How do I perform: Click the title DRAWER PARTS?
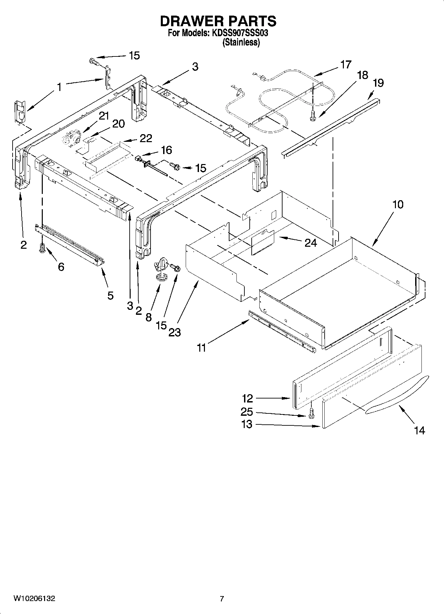pyautogui.click(x=218, y=21)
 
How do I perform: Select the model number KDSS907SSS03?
pyautogui.click(x=238, y=33)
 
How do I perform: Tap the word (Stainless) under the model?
pyautogui.click(x=241, y=43)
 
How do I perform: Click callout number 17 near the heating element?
pyautogui.click(x=345, y=64)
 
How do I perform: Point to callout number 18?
pyautogui.click(x=362, y=75)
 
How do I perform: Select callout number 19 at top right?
pyautogui.click(x=378, y=83)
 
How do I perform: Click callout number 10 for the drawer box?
pyautogui.click(x=398, y=204)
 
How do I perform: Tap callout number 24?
pyautogui.click(x=311, y=243)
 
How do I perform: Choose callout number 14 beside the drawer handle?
pyautogui.click(x=419, y=430)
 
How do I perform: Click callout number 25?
pyautogui.click(x=247, y=412)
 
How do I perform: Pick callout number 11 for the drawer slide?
pyautogui.click(x=201, y=348)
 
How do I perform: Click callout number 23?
pyautogui.click(x=174, y=332)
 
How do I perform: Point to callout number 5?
pyautogui.click(x=110, y=295)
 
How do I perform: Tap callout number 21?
pyautogui.click(x=104, y=116)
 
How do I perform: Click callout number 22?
pyautogui.click(x=146, y=138)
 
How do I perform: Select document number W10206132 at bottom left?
pyautogui.click(x=34, y=598)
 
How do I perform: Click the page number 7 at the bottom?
pyautogui.click(x=222, y=599)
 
